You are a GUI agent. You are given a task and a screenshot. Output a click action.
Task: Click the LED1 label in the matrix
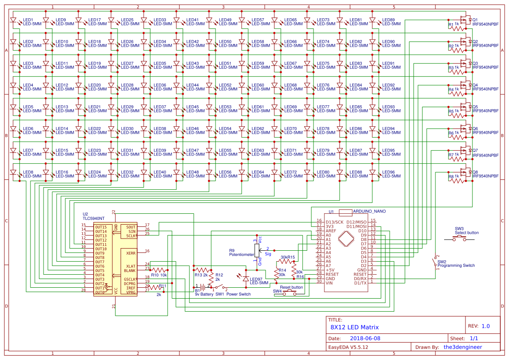pos(28,20)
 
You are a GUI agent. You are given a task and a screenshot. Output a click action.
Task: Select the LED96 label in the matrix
pos(388,172)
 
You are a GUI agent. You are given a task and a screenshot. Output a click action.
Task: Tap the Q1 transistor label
pos(475,20)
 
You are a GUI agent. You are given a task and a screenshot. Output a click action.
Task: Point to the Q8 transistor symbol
pos(465,172)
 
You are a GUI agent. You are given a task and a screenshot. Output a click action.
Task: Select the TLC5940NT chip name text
pos(94,219)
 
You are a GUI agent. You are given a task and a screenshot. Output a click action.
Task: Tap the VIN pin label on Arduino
pos(330,283)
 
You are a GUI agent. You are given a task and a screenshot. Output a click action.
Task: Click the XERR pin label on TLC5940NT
pos(130,253)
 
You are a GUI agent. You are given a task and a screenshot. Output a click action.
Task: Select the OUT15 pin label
pos(101,227)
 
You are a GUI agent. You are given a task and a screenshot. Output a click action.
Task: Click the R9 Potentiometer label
pos(241,253)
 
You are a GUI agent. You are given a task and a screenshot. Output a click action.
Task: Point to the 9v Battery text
pos(204,295)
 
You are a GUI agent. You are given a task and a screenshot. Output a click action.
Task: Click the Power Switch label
pos(239,294)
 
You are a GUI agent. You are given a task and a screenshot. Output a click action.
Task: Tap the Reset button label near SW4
pos(291,287)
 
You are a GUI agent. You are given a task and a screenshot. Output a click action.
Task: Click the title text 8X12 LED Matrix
pos(354,327)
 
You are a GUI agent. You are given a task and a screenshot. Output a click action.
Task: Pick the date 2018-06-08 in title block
pos(365,338)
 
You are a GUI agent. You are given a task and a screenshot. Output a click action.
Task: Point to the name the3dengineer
pos(465,347)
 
